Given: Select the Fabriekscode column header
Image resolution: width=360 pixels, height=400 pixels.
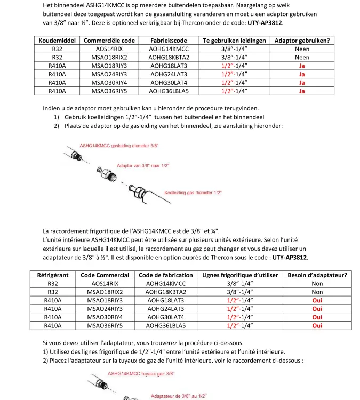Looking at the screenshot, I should [169, 41].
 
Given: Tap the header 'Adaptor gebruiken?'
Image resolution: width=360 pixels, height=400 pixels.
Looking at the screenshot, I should [302, 41].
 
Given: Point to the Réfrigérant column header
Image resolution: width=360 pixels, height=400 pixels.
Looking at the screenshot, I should [53, 275].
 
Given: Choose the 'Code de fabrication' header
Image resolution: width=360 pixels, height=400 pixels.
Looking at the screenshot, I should [166, 275].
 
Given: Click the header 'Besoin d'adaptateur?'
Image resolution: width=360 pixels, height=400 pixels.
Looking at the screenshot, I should [317, 275].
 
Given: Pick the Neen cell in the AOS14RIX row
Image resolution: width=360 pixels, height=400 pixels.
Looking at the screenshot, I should [302, 49].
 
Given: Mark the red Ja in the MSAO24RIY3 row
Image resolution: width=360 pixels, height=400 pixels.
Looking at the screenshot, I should [302, 74].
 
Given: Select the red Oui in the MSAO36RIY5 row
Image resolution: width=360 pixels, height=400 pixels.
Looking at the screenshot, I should [317, 325].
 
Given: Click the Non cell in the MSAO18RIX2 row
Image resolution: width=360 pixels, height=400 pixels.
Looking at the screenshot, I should [317, 292].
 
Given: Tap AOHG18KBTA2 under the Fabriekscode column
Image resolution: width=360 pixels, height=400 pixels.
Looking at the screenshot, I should [169, 57].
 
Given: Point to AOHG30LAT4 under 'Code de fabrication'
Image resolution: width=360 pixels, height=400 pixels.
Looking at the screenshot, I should [166, 317].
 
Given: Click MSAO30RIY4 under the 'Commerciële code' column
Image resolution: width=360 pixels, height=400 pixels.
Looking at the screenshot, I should [109, 83].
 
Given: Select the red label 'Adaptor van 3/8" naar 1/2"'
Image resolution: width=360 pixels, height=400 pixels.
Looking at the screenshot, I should [143, 166].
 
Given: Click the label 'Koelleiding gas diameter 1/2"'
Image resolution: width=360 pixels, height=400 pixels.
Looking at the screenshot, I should [193, 192].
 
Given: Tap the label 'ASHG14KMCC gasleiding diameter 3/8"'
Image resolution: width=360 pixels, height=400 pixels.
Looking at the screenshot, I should [119, 145].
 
